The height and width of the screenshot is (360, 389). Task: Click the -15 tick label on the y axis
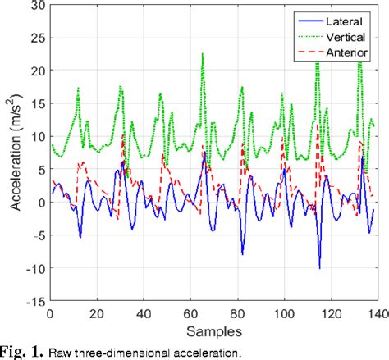pos(32,301)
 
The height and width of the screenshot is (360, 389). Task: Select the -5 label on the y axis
pos(35,235)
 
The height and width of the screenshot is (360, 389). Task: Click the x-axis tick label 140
pos(378,313)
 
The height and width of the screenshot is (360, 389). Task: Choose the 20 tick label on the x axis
pos(97,313)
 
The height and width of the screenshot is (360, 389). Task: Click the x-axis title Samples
pos(213,331)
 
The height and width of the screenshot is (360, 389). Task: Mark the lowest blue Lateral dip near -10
pos(319,267)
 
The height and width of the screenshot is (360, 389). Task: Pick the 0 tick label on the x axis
pos(50,313)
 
